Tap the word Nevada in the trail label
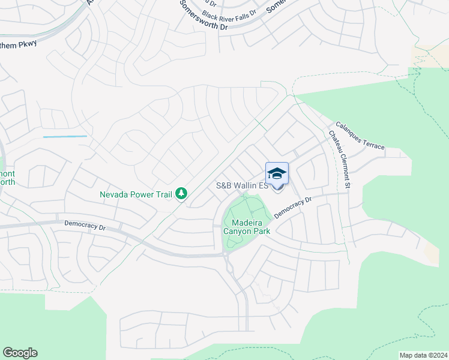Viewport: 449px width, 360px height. coord(114,194)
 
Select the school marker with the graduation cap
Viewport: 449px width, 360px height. coord(277,174)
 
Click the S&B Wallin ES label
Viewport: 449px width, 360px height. coord(241,186)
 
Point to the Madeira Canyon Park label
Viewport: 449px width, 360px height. coord(247,226)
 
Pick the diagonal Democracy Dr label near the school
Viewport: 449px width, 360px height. coord(294,208)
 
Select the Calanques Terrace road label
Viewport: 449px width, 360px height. coord(360,136)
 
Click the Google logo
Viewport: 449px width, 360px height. coord(20,353)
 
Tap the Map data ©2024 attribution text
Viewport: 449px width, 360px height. coord(423,355)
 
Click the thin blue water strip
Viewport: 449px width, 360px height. coord(65,137)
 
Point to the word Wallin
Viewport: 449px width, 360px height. coord(247,186)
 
